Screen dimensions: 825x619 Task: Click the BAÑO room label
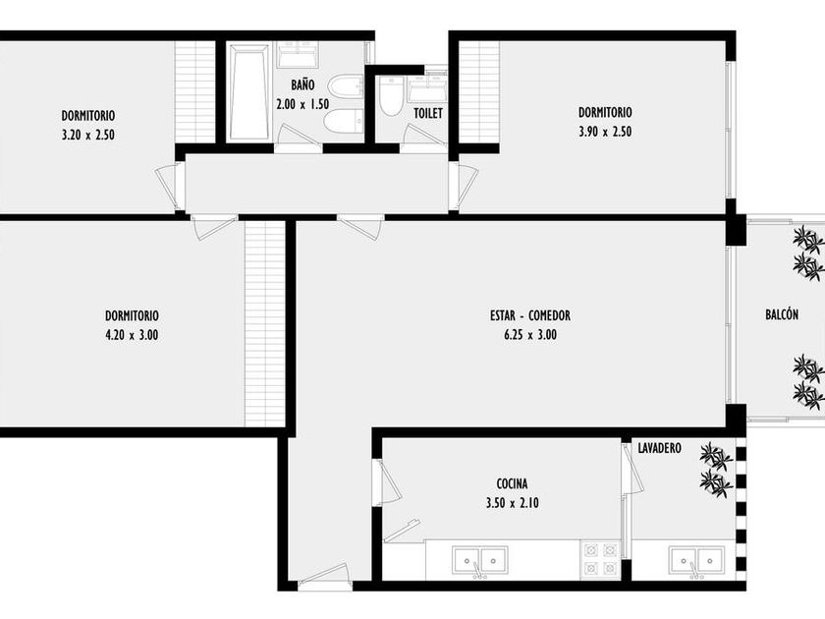[303, 84]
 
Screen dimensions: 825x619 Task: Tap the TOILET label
[428, 113]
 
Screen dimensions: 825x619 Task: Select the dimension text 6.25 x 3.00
[529, 335]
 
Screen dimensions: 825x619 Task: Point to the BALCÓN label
[782, 314]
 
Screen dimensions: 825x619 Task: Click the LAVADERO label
[659, 448]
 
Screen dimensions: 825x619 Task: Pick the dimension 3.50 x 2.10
[513, 503]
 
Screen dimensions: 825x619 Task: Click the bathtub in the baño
[248, 92]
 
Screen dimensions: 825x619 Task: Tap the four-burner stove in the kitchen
[600, 559]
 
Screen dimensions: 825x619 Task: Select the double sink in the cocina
[480, 561]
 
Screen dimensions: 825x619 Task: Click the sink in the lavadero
[696, 561]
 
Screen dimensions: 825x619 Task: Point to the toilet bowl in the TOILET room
[391, 96]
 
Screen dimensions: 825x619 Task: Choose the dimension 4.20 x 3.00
[132, 335]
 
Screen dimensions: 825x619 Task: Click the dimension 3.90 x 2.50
[605, 132]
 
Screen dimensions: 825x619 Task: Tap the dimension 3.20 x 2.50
[87, 136]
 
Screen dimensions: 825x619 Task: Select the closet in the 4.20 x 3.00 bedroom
[264, 324]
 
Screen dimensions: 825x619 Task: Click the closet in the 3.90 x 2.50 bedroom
[479, 92]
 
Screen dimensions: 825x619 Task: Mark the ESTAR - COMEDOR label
[529, 315]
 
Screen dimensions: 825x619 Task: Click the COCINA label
[512, 483]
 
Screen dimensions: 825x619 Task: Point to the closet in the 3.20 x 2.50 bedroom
[193, 92]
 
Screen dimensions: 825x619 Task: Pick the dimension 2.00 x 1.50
[302, 104]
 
